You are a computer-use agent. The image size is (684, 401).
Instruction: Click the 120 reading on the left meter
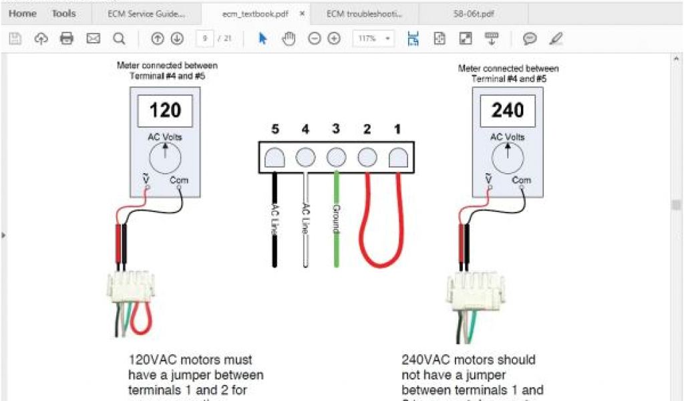tap(164, 110)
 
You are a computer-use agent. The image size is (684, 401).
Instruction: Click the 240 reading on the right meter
tap(507, 110)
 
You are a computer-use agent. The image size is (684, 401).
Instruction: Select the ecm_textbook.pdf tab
tap(255, 14)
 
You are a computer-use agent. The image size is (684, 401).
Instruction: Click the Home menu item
tap(23, 14)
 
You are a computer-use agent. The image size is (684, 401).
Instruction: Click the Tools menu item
tap(64, 14)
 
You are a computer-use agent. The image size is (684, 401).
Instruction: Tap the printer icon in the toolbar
tap(67, 39)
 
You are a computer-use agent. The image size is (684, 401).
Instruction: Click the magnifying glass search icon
tap(119, 39)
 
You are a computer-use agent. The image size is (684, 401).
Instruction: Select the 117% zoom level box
tap(373, 39)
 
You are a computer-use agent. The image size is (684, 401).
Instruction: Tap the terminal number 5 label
tap(275, 129)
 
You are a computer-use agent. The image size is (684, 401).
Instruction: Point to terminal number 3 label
tap(336, 129)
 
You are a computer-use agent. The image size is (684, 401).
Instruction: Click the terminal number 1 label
tap(397, 129)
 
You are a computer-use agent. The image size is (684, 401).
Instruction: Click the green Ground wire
tap(336, 221)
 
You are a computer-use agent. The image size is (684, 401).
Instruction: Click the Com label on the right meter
tap(521, 180)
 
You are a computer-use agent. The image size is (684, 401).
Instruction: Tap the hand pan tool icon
tap(289, 39)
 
